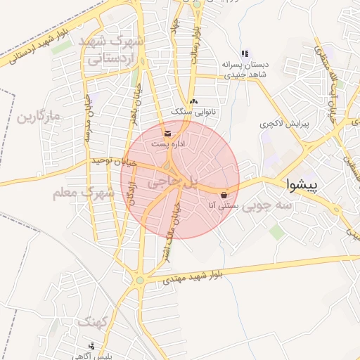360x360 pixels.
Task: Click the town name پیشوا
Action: [x=314, y=185]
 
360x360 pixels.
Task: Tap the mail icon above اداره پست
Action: [x=167, y=132]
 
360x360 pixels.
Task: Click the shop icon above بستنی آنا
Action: [x=224, y=195]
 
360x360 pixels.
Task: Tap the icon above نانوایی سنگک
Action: [x=193, y=101]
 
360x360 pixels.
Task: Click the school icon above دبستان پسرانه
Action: [x=244, y=53]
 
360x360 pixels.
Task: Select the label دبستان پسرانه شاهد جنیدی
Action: [x=246, y=68]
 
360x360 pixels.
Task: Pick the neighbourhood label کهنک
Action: [x=94, y=321]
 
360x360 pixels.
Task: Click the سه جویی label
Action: [x=274, y=205]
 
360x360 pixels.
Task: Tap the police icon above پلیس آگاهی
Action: [x=92, y=346]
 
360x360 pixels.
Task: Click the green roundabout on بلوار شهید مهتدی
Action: [x=140, y=281]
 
